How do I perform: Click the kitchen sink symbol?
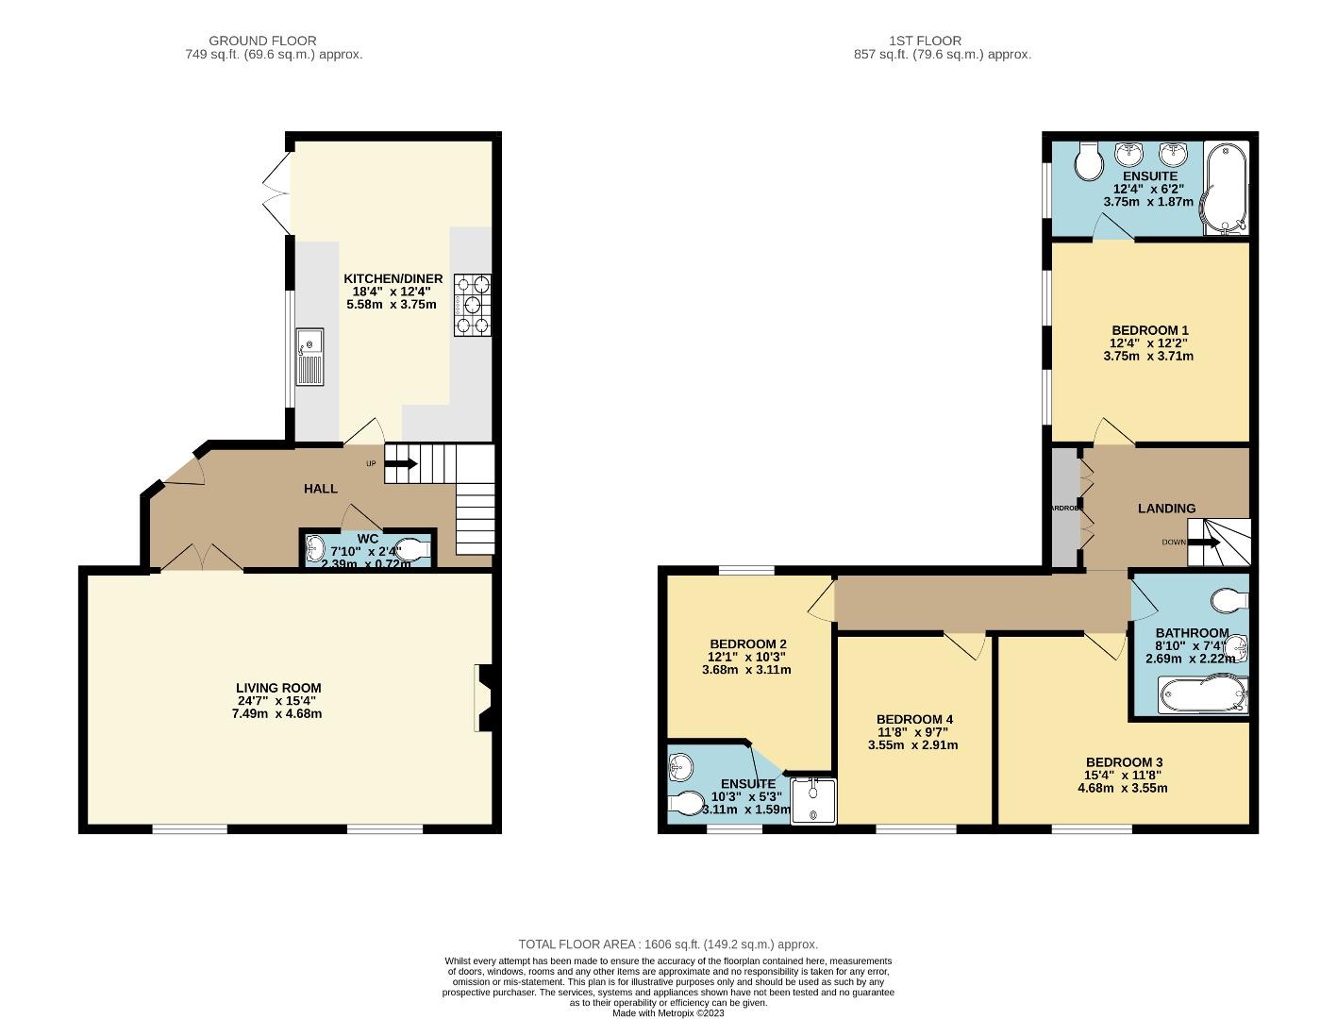click(x=309, y=357)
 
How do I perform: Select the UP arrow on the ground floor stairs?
click(x=401, y=463)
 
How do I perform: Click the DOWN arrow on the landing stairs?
click(x=1204, y=543)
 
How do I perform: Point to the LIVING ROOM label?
click(x=278, y=688)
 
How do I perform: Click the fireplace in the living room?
click(x=483, y=697)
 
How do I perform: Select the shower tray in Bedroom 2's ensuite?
click(x=813, y=800)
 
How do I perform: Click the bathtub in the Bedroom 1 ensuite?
click(x=1225, y=188)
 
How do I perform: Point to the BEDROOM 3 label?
click(x=1124, y=762)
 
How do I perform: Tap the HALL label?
click(x=320, y=488)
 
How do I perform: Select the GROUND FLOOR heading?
click(x=262, y=41)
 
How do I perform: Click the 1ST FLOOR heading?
click(x=925, y=41)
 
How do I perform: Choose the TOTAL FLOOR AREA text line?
click(x=668, y=944)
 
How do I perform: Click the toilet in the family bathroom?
click(x=1230, y=599)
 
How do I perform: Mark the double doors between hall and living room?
click(x=202, y=558)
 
